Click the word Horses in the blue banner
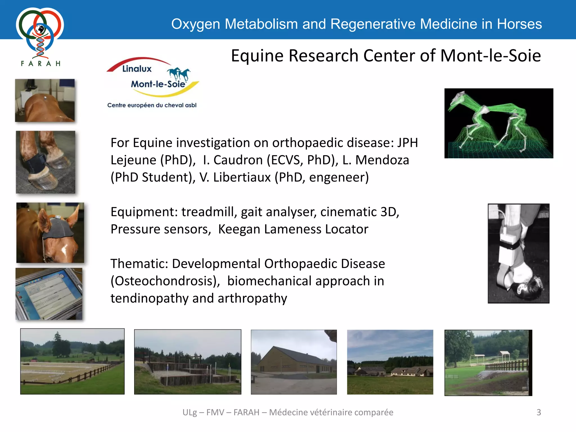pos(519,24)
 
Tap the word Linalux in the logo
pos(137,69)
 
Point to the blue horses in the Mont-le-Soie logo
pos(179,74)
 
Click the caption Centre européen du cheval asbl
pos(152,105)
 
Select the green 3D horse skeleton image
pos(498,123)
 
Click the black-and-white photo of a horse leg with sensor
pos(518,253)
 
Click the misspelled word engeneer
pos(339,177)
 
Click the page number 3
pos(539,412)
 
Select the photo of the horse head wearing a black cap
pos(50,233)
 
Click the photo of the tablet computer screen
pos(49,294)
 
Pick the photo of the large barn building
pos(293,362)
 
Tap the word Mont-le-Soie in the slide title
pos(490,56)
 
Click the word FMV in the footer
pos(215,412)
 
